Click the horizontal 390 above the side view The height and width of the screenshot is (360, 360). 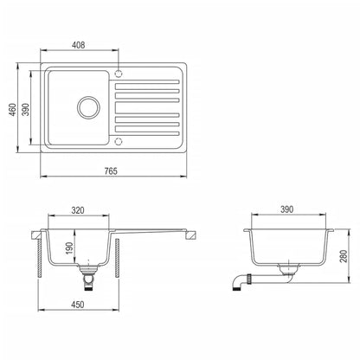tap(289, 210)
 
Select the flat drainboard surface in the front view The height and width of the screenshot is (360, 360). tap(156, 230)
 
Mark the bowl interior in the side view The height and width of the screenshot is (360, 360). tap(289, 247)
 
